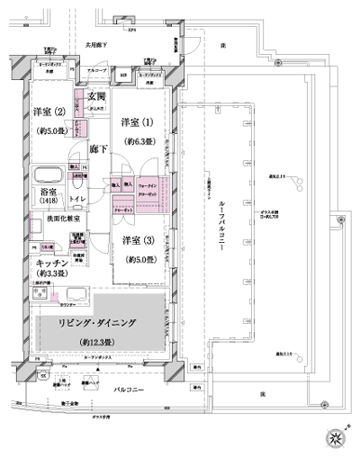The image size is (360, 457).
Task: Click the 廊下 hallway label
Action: (100, 151)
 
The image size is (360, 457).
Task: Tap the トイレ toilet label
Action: (78, 200)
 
